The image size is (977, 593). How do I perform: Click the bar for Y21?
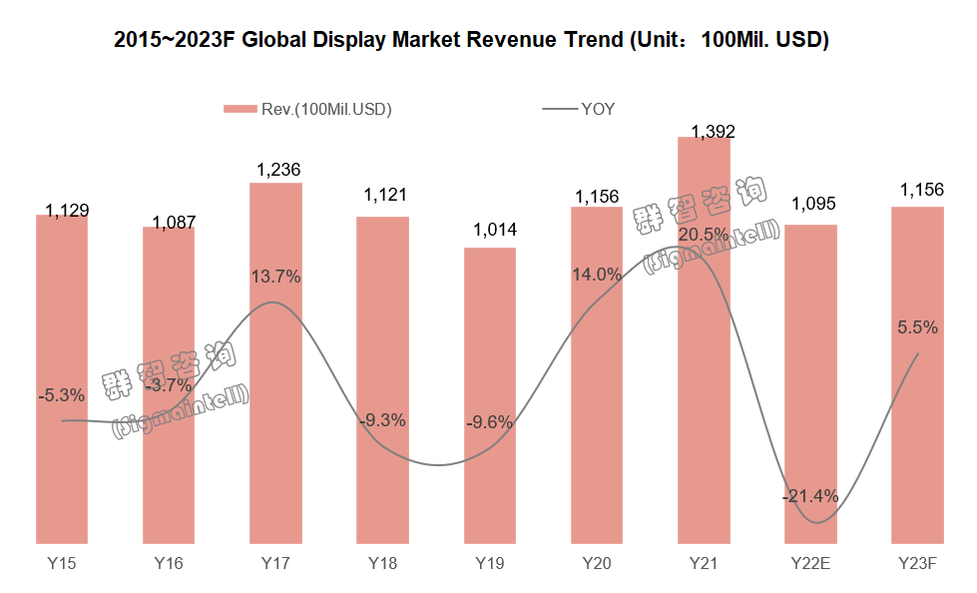[x=704, y=339]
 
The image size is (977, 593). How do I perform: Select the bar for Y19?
[x=490, y=395]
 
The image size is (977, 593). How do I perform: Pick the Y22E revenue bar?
[x=810, y=384]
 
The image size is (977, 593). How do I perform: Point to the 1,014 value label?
[x=491, y=231]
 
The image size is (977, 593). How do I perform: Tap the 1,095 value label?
[x=812, y=205]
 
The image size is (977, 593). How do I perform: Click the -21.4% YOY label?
[x=810, y=496]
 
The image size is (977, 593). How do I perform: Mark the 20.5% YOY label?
[x=705, y=234]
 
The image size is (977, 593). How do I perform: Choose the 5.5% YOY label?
[x=918, y=326]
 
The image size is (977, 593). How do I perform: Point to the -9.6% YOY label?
[x=489, y=422]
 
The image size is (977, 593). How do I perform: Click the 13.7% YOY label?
[x=276, y=277]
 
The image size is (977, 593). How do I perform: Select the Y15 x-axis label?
[x=62, y=564]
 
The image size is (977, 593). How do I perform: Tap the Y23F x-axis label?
[x=917, y=564]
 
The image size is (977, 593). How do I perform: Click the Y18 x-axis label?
[x=382, y=564]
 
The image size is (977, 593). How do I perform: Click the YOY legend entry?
[x=597, y=110]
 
